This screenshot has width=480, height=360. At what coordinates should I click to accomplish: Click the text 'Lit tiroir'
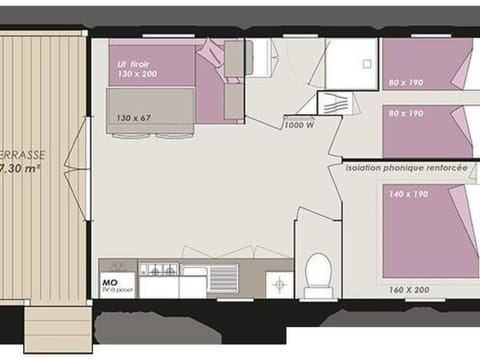134,63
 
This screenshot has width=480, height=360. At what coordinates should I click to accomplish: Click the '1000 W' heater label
298,125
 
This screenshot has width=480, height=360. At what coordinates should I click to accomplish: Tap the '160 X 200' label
408,289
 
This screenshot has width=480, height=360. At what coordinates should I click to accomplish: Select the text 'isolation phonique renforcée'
405,168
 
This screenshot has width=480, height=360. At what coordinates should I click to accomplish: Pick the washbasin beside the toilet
279,284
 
